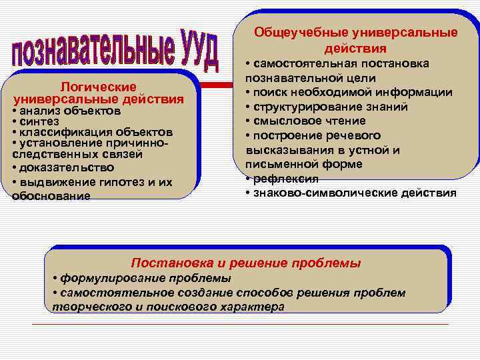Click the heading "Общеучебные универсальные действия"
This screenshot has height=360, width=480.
pos(356,40)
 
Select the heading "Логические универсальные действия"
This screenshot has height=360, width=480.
pos(99,93)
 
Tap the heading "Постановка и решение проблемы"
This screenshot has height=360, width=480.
pos(246,263)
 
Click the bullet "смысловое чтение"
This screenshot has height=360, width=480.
pos(308,121)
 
